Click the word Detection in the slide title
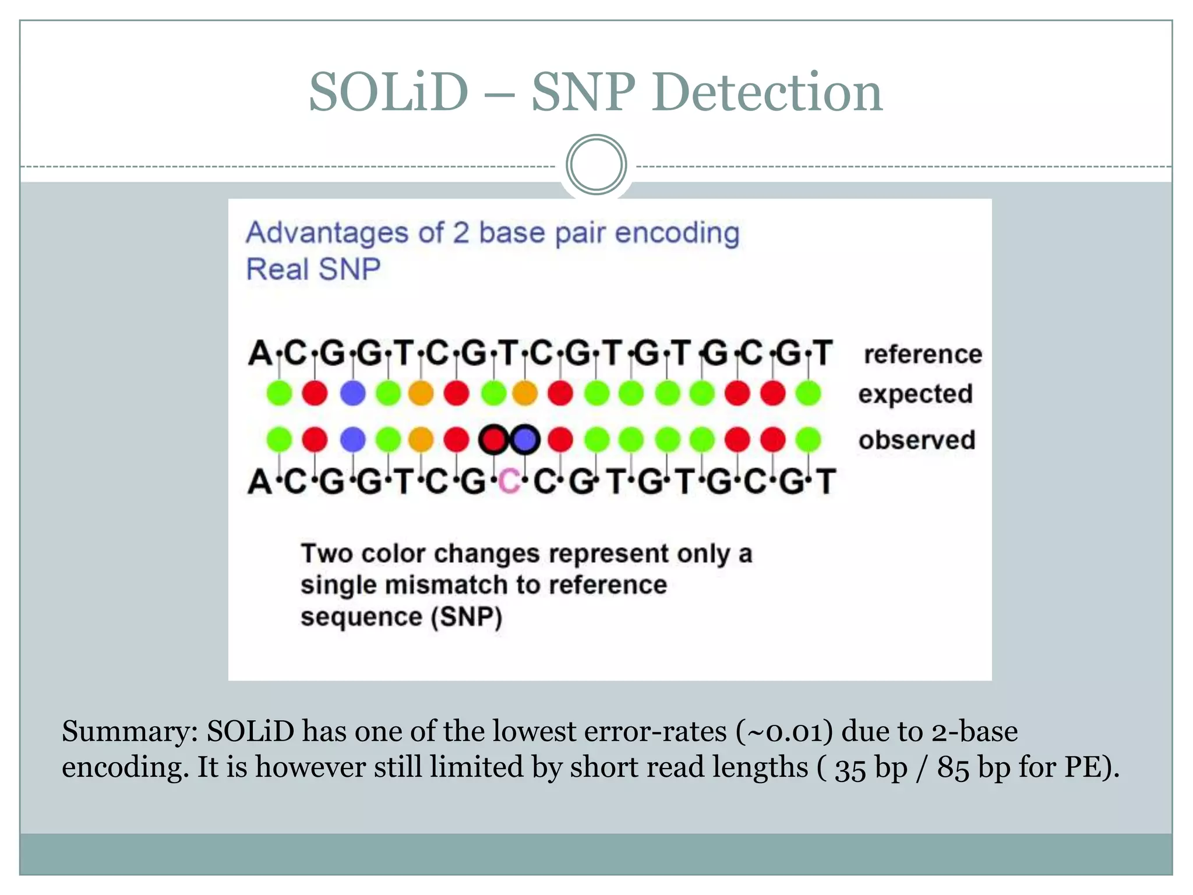click(767, 93)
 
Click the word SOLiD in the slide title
click(389, 93)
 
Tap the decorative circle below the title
click(596, 164)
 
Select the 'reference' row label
click(923, 354)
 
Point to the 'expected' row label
click(915, 394)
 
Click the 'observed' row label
click(917, 440)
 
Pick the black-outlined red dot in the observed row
click(493, 440)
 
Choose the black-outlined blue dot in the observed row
click(525, 440)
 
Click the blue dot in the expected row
click(352, 393)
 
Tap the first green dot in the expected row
click(279, 393)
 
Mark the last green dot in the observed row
click(809, 440)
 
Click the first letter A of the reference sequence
click(260, 353)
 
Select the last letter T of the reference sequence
click(823, 353)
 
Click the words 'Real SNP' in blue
click(313, 269)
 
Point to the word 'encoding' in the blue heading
click(677, 233)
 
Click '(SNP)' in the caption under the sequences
click(466, 617)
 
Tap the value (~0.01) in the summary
click(784, 731)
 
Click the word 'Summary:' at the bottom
click(130, 731)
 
